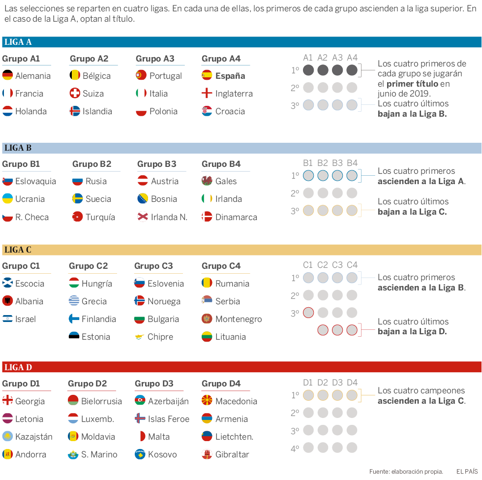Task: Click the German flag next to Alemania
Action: point(7,75)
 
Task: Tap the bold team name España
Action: point(230,76)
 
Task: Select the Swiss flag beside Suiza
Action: point(75,94)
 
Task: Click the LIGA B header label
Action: point(18,148)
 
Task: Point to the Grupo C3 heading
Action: point(153,266)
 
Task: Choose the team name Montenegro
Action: point(239,319)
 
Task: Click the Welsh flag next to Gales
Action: point(207,181)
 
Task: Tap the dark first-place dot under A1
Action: point(308,70)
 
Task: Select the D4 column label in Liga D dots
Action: point(352,383)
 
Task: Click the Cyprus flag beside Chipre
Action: point(140,337)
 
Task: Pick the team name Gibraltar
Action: point(232,454)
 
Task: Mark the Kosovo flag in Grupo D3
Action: point(140,454)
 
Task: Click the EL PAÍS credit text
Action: point(467,471)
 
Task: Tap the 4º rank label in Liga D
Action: point(295,448)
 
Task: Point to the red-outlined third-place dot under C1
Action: point(308,313)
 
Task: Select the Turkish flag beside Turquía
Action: point(77,217)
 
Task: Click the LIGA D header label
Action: point(18,367)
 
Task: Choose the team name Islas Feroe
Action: point(169,419)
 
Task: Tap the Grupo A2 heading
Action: point(89,59)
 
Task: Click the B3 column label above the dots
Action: point(337,163)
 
